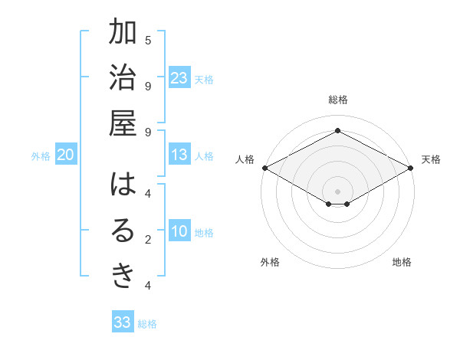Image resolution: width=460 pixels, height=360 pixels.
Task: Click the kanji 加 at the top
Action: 123,34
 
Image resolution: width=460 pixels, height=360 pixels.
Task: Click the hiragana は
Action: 123,185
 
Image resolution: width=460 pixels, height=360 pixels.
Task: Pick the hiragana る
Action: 123,231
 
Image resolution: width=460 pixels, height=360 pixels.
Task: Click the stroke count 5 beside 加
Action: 148,40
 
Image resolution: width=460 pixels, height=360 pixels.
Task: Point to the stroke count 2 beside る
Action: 148,240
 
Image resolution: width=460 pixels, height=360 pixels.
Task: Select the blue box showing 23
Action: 179,78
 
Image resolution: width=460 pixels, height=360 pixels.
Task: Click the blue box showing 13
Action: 179,155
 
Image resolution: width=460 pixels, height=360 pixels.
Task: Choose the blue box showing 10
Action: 179,232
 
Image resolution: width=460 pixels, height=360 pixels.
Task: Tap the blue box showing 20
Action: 65,155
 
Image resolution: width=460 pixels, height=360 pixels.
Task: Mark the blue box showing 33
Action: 123,322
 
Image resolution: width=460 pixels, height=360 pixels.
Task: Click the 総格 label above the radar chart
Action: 338,100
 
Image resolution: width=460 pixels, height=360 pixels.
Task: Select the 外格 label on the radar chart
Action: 270,262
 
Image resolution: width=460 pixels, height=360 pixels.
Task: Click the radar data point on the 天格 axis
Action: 412,168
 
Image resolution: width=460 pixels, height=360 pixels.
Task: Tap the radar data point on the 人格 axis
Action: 264,168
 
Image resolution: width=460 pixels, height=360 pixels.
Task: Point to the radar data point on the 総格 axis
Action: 338,131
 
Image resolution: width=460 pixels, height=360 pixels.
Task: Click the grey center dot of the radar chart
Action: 338,190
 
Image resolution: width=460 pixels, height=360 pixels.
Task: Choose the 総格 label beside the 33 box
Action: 147,324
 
